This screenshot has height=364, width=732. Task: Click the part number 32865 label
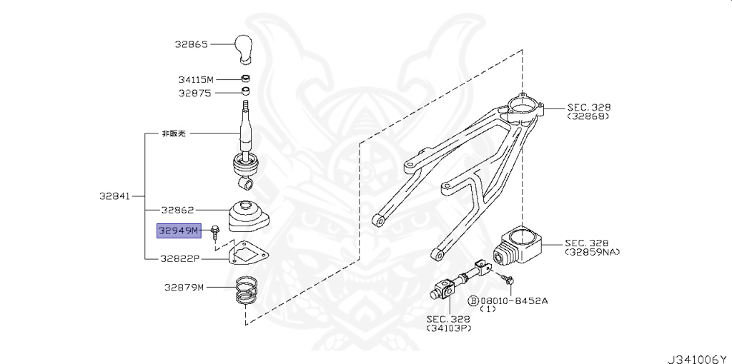191,44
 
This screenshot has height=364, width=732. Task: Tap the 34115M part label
195,79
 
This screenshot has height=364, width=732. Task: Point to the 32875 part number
194,93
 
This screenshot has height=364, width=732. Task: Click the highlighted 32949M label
181,230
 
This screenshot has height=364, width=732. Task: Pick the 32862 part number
177,210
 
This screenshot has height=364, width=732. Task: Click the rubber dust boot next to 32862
245,216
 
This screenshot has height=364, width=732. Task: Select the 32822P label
180,258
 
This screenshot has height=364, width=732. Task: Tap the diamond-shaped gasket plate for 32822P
244,252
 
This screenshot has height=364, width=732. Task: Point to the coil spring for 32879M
247,291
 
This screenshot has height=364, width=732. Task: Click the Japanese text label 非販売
174,133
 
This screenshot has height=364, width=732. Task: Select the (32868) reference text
589,116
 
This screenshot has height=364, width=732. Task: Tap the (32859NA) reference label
593,252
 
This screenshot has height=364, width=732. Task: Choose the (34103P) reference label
448,328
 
